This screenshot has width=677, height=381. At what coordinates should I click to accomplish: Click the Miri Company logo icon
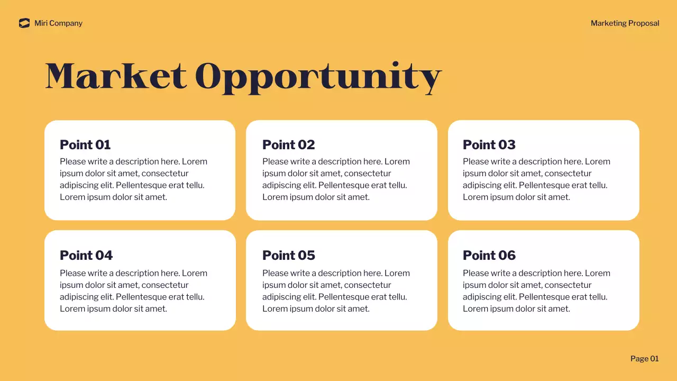[x=24, y=23]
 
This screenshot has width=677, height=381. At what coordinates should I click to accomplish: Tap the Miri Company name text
[x=58, y=23]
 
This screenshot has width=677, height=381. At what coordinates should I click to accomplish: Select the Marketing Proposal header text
[x=625, y=23]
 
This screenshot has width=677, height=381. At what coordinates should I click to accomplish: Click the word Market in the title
[x=116, y=76]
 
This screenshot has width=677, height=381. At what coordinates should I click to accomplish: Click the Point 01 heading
[x=85, y=145]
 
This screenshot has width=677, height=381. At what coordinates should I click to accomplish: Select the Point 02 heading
[x=288, y=145]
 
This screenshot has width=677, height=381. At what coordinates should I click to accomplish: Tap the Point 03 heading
[x=489, y=145]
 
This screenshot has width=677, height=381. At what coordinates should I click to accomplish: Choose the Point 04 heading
[x=86, y=256]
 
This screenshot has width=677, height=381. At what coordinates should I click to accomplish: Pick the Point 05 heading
[x=288, y=256]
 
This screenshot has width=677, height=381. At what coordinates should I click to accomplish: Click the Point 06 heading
[x=489, y=256]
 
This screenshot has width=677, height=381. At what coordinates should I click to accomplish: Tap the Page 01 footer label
[x=644, y=359]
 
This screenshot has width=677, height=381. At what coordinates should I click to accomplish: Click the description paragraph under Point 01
[x=133, y=179]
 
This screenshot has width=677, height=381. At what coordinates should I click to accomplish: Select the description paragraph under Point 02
[x=336, y=179]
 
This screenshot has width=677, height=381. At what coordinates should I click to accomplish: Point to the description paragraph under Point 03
[x=536, y=179]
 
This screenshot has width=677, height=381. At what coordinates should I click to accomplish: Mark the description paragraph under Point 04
[x=133, y=291]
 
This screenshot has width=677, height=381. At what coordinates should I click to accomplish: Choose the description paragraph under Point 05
[x=336, y=291]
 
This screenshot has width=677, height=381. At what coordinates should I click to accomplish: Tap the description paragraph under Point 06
[x=536, y=291]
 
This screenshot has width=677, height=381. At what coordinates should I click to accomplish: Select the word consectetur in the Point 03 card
[x=568, y=174]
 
